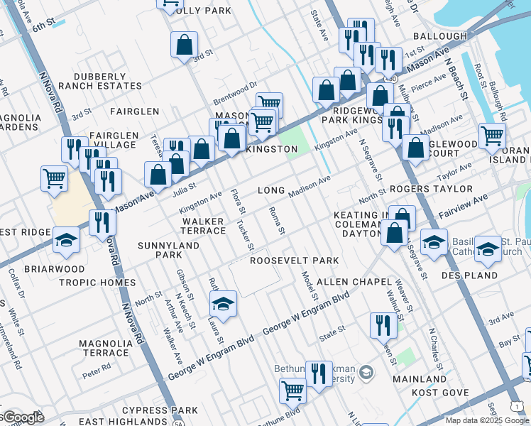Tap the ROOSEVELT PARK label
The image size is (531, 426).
click(x=294, y=261)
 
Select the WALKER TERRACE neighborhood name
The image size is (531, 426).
click(x=203, y=226)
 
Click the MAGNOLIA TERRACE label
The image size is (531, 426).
click(x=106, y=348)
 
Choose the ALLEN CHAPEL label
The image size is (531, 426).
click(x=353, y=282)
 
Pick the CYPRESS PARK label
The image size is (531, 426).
click(x=160, y=410)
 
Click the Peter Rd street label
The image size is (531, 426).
click(x=96, y=368)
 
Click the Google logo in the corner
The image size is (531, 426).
click(x=21, y=418)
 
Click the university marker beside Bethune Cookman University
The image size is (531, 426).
click(x=366, y=372)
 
